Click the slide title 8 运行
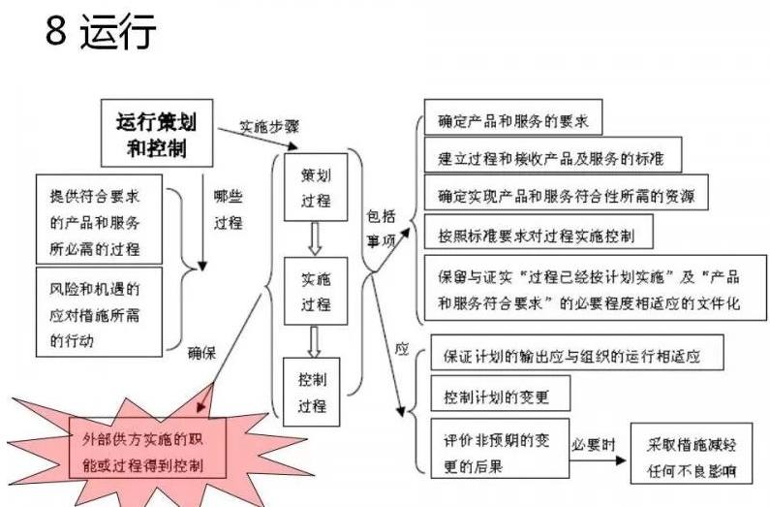point(101,32)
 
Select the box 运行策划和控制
point(155,135)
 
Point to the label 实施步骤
point(270,127)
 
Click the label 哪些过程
point(228,207)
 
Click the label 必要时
point(593,444)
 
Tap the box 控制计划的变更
point(503,397)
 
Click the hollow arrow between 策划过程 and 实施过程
point(315,237)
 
